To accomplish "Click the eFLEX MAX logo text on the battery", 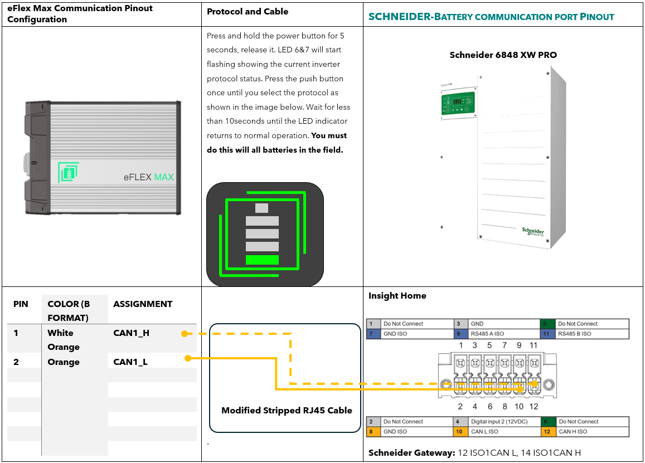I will (148, 177).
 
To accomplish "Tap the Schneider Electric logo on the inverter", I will (533, 231).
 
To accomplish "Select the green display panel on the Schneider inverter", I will (458, 105).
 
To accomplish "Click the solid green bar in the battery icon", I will (262, 260).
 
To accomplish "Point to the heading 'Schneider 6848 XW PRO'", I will (503, 55).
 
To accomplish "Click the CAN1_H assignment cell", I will (131, 333).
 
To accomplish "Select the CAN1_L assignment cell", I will (130, 362).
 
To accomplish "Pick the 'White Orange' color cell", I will (64, 340).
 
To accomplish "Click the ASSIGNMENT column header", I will (143, 304).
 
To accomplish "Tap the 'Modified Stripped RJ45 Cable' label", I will (287, 411).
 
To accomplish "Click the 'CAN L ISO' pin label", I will (484, 432).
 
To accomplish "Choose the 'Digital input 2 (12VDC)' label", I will (499, 422).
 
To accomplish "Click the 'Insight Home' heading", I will (397, 296).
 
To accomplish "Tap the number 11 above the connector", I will (533, 345).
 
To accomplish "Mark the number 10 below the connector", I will (518, 406).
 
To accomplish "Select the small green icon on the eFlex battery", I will (68, 173).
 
